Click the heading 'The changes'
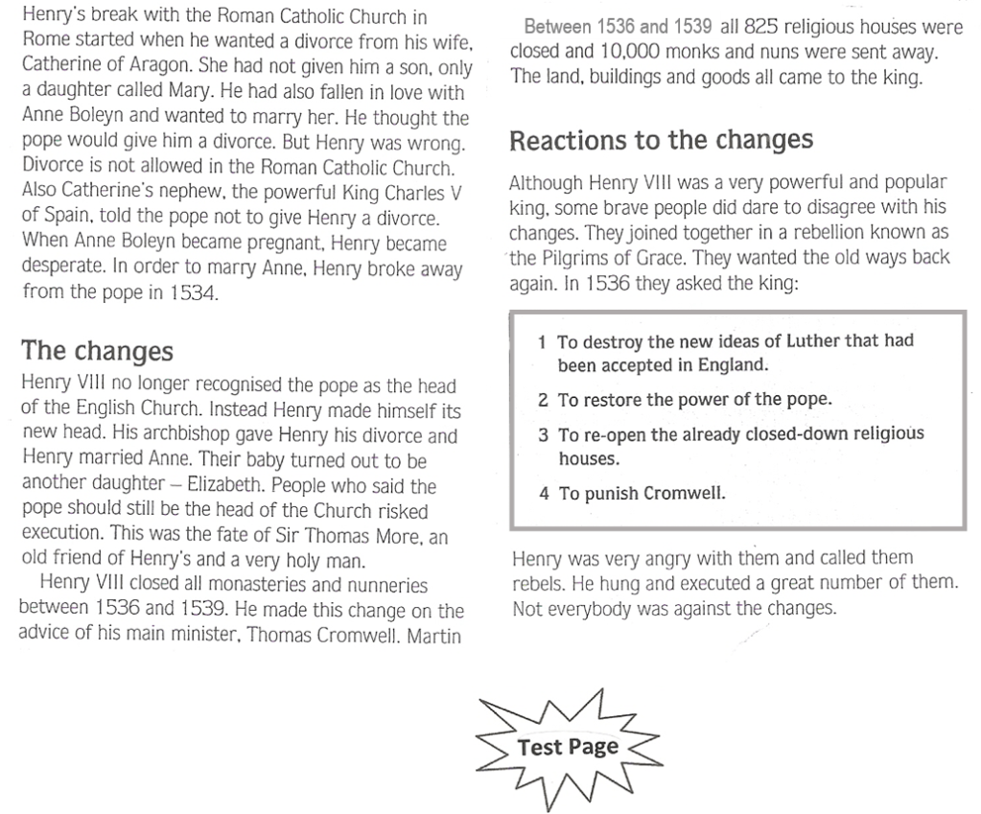click(97, 351)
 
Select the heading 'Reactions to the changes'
click(661, 141)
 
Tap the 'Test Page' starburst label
click(568, 748)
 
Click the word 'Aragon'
click(147, 67)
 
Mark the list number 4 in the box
click(543, 496)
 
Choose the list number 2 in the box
click(543, 400)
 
